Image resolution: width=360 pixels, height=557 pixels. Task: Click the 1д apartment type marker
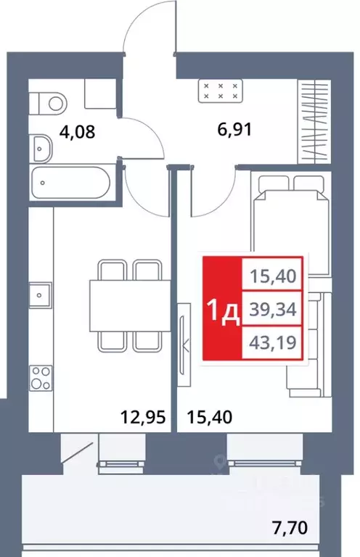[x=224, y=312]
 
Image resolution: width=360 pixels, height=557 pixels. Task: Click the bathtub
[x=69, y=181]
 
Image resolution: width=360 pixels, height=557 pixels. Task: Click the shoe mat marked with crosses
[x=220, y=92]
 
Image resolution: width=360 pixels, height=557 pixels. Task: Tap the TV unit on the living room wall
[x=183, y=341]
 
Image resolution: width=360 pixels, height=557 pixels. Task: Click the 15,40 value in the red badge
[x=276, y=277]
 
